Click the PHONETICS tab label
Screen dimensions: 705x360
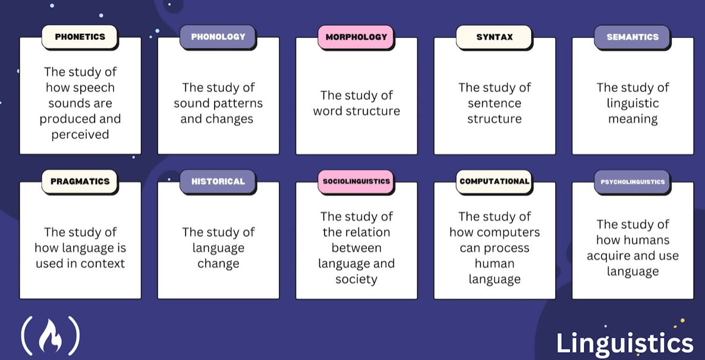[x=80, y=37]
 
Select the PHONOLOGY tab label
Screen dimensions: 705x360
[x=218, y=37]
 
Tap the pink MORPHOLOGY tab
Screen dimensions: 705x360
[x=356, y=37]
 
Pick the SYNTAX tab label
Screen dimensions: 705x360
[x=495, y=37]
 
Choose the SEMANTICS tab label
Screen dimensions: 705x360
[x=632, y=37]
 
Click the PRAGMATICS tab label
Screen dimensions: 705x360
[x=80, y=182]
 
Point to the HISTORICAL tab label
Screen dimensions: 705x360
[x=218, y=182]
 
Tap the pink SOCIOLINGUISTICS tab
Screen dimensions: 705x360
[x=356, y=182]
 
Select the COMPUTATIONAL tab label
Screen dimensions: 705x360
[x=495, y=182]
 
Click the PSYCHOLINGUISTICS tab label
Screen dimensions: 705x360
[x=632, y=182]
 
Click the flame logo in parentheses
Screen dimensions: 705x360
[x=51, y=336]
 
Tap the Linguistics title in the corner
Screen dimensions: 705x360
[x=625, y=343]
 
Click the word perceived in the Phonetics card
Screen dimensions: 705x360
[x=80, y=134]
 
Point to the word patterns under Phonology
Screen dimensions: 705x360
[x=239, y=103]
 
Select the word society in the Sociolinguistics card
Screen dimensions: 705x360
[x=356, y=279]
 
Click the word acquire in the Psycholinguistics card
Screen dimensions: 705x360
[x=610, y=255]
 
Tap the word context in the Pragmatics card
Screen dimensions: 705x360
[x=103, y=263]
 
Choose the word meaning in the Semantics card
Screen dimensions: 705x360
[x=632, y=119]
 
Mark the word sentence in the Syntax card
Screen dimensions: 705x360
[x=495, y=103]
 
